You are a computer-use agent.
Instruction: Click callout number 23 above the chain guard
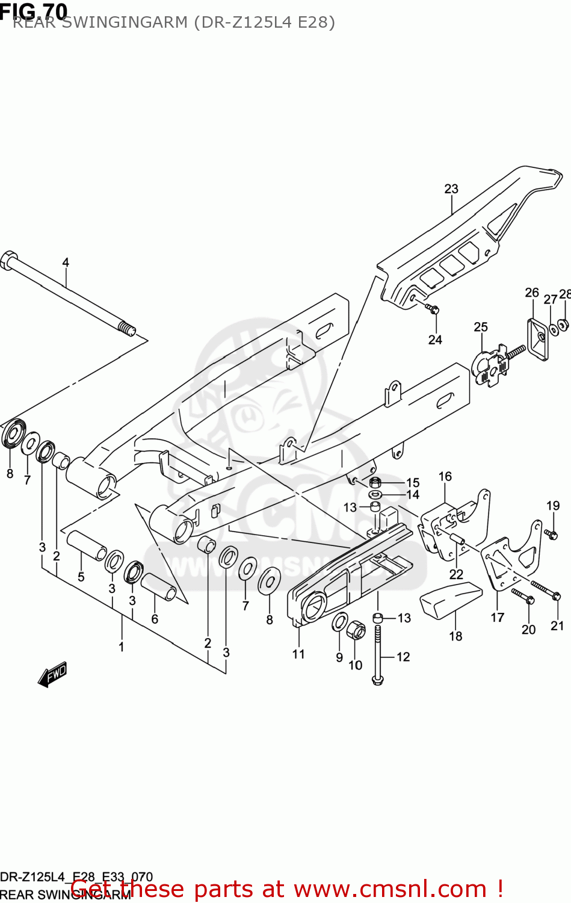(x=451, y=189)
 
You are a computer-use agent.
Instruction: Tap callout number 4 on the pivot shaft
(x=66, y=262)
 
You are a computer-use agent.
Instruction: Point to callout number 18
(x=455, y=636)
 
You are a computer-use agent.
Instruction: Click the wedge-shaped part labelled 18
(x=450, y=600)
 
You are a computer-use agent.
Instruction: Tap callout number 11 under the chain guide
(x=298, y=654)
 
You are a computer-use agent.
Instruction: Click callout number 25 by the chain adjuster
(x=480, y=327)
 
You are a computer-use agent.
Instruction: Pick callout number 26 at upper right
(x=532, y=293)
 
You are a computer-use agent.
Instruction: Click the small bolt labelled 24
(x=433, y=309)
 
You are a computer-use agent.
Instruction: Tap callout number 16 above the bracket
(x=445, y=476)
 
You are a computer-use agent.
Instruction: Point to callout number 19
(x=553, y=506)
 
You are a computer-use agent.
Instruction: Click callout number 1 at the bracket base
(x=122, y=647)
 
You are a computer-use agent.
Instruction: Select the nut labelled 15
(x=375, y=482)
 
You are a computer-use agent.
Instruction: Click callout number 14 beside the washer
(x=413, y=494)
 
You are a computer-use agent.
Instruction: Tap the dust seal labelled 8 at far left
(x=13, y=434)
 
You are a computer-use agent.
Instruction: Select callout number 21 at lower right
(x=557, y=625)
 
